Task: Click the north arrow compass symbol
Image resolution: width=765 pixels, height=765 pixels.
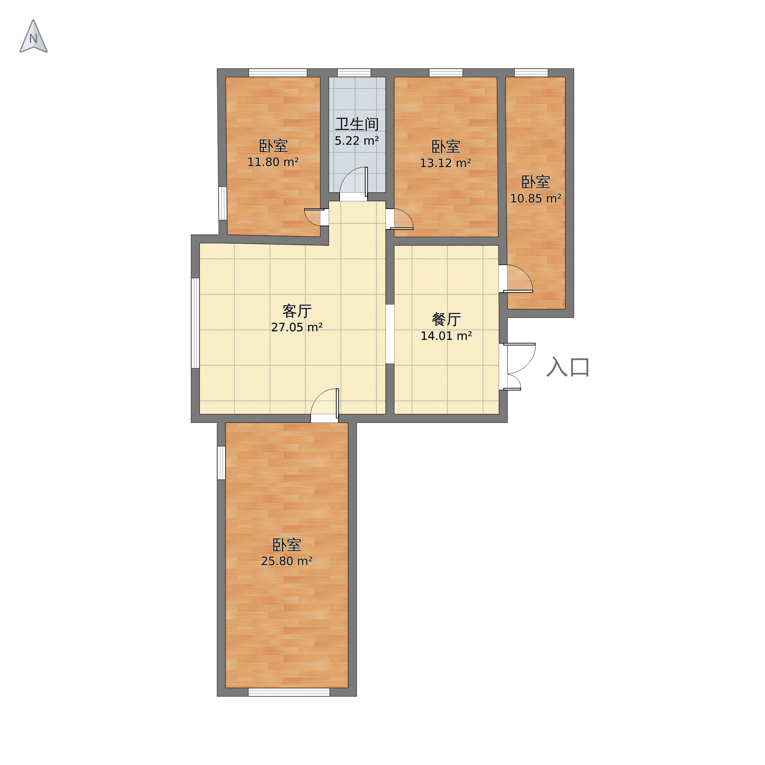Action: click(x=34, y=36)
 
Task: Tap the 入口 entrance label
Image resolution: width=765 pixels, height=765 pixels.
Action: click(x=568, y=367)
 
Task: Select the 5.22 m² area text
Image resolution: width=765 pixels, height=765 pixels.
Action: click(x=357, y=141)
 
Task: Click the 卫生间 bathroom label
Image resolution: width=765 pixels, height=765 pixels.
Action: click(x=357, y=124)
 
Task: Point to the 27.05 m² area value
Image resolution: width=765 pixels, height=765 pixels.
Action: click(x=297, y=327)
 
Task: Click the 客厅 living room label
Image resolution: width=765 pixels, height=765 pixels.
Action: click(x=297, y=311)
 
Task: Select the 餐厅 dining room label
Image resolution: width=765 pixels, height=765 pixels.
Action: click(x=446, y=319)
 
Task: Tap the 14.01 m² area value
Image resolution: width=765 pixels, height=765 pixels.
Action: click(x=446, y=336)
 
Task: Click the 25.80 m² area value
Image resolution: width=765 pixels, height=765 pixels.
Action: click(x=287, y=561)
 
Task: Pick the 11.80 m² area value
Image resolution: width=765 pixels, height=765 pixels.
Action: click(x=273, y=162)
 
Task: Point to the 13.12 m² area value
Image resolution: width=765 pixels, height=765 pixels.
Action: click(x=445, y=163)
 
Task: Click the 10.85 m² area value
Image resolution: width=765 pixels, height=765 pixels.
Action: click(x=536, y=198)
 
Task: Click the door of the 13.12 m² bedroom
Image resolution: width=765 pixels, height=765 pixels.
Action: click(x=401, y=219)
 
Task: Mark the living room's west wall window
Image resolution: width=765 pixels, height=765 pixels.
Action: click(x=195, y=323)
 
